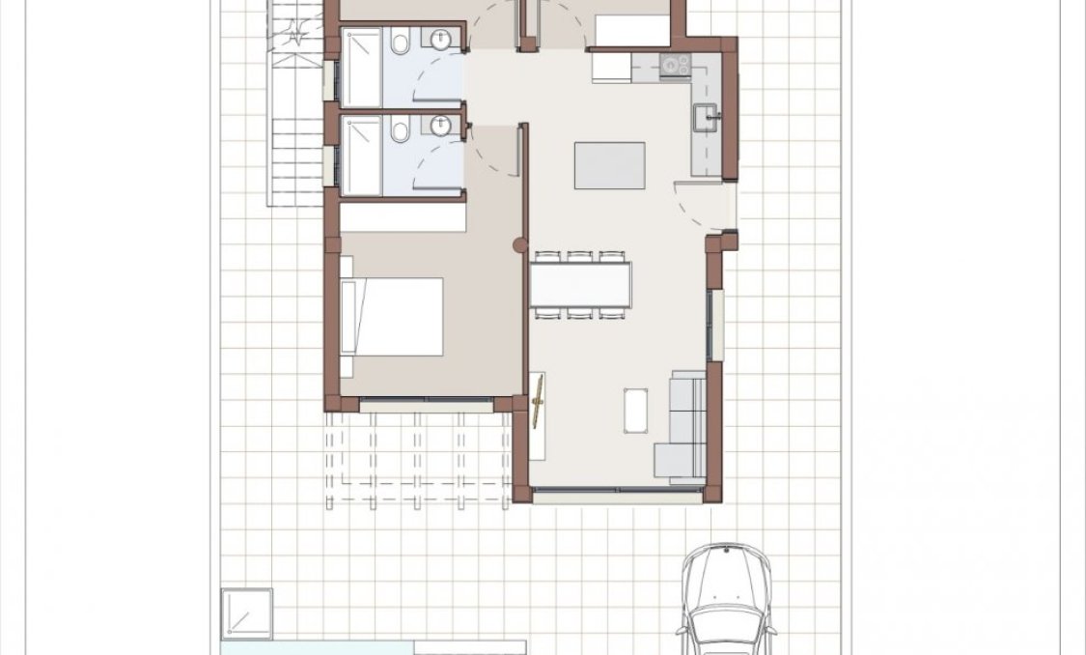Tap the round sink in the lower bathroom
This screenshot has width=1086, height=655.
440,126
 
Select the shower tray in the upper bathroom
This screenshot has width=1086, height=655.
362,68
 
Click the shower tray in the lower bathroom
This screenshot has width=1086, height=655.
362,155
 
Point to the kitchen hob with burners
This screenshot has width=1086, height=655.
675,66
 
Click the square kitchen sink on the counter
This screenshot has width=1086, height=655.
707,119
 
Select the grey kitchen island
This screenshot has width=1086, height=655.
610,165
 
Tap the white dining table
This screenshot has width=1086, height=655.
580,285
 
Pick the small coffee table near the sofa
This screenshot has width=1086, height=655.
636,410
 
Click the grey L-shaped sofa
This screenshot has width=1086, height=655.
682,425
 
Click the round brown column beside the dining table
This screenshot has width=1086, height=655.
520,245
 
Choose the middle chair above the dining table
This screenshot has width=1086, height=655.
580,256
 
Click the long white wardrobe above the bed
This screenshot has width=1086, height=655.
403,217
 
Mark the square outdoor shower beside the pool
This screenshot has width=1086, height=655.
246,612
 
